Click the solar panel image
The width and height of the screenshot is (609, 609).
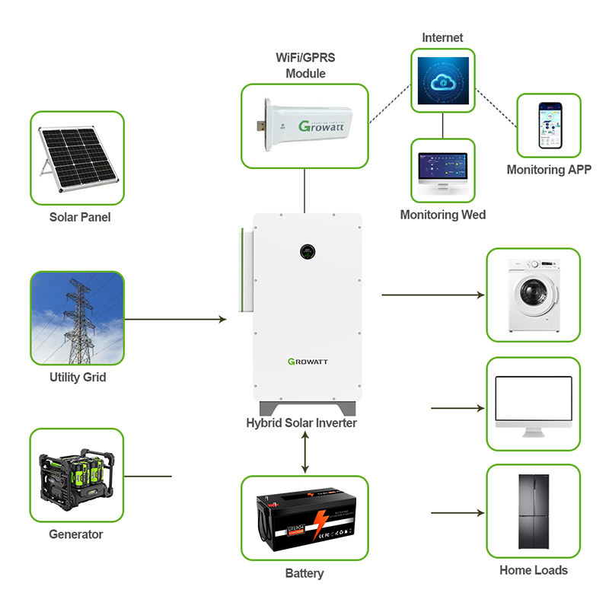77,157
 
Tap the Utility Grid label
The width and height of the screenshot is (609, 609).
76,377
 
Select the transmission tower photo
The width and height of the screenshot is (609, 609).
77,318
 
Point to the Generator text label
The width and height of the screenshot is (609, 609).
76,534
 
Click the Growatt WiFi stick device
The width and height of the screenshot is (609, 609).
304,125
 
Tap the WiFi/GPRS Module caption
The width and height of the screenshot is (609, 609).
305,66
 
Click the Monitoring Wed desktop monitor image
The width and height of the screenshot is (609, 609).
442,171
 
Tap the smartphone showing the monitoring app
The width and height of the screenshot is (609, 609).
549,126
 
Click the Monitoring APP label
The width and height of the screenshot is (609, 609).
549,170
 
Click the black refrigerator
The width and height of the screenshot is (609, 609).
533,512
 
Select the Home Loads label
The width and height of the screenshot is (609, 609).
534,569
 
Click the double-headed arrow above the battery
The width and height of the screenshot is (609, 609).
305,452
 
